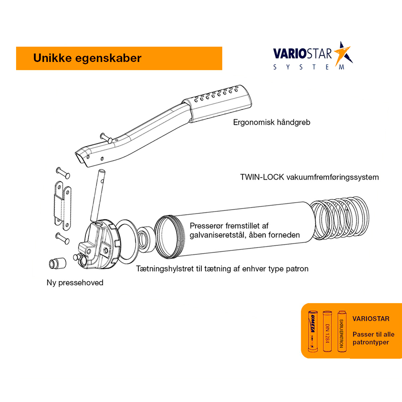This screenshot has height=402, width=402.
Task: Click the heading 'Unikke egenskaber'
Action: point(87,58)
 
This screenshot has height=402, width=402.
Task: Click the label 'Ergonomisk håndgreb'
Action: point(272,122)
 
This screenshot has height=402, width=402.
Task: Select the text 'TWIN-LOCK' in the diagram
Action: point(262,177)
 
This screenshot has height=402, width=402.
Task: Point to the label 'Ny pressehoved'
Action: point(75,282)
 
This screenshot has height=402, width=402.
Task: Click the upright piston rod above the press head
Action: point(97,196)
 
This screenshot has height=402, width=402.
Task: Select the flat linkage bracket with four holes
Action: point(63,206)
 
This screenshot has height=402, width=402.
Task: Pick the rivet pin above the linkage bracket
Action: point(63,173)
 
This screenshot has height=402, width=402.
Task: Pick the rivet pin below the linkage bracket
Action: point(62,238)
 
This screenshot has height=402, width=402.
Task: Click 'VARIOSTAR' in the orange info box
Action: point(371,319)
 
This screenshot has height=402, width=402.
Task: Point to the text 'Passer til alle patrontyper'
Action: point(374,338)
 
